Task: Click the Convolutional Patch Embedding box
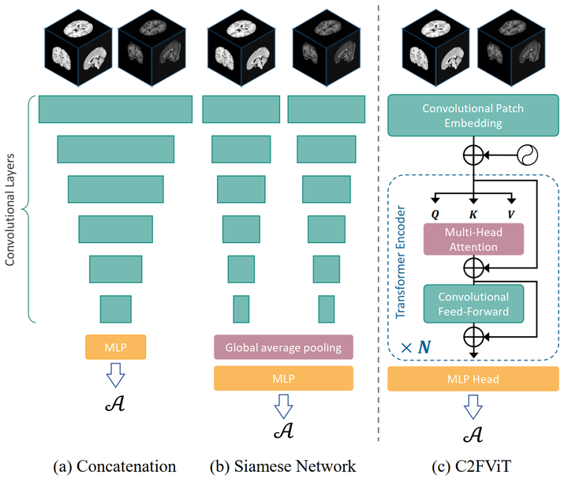point(473,115)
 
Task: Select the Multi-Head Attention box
point(473,238)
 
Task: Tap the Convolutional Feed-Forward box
point(473,304)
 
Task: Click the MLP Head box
point(473,378)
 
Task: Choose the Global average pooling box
point(282,347)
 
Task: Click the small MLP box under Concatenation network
point(116,346)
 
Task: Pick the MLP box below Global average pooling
point(282,378)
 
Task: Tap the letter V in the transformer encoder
point(511,212)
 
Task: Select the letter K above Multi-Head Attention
point(473,212)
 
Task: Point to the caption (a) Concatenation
point(115,465)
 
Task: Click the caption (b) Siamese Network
point(283,465)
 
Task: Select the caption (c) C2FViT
point(473,465)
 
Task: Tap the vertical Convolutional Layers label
point(12,208)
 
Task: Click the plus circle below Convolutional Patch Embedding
point(473,155)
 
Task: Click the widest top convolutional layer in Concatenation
point(115,109)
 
